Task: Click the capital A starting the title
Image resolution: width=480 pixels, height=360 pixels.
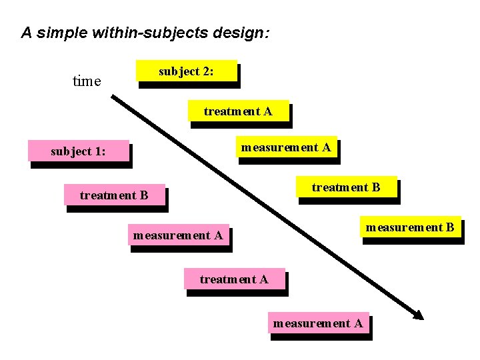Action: click(27, 32)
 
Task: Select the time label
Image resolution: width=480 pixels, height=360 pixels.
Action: click(86, 81)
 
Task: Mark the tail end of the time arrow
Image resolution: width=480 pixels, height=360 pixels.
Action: click(113, 97)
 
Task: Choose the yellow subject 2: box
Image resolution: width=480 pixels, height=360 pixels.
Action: click(186, 71)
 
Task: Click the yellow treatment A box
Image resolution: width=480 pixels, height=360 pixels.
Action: click(238, 111)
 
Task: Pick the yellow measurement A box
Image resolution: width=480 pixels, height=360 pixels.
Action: click(285, 147)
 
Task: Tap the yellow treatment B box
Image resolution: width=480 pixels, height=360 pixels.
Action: click(346, 187)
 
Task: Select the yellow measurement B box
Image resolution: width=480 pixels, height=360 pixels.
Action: click(409, 227)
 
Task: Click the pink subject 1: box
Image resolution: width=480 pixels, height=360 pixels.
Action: click(78, 151)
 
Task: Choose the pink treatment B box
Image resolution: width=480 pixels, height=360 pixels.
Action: click(113, 195)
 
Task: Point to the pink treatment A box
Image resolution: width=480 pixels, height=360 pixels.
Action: click(233, 279)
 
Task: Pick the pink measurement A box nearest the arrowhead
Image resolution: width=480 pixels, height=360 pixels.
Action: click(318, 323)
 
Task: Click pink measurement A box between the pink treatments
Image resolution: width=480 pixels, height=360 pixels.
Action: click(178, 235)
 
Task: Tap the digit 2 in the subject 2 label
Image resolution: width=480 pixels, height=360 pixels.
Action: click(208, 71)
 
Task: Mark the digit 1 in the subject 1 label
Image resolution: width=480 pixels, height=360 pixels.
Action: click(100, 151)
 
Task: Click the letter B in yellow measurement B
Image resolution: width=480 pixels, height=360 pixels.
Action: click(450, 227)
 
